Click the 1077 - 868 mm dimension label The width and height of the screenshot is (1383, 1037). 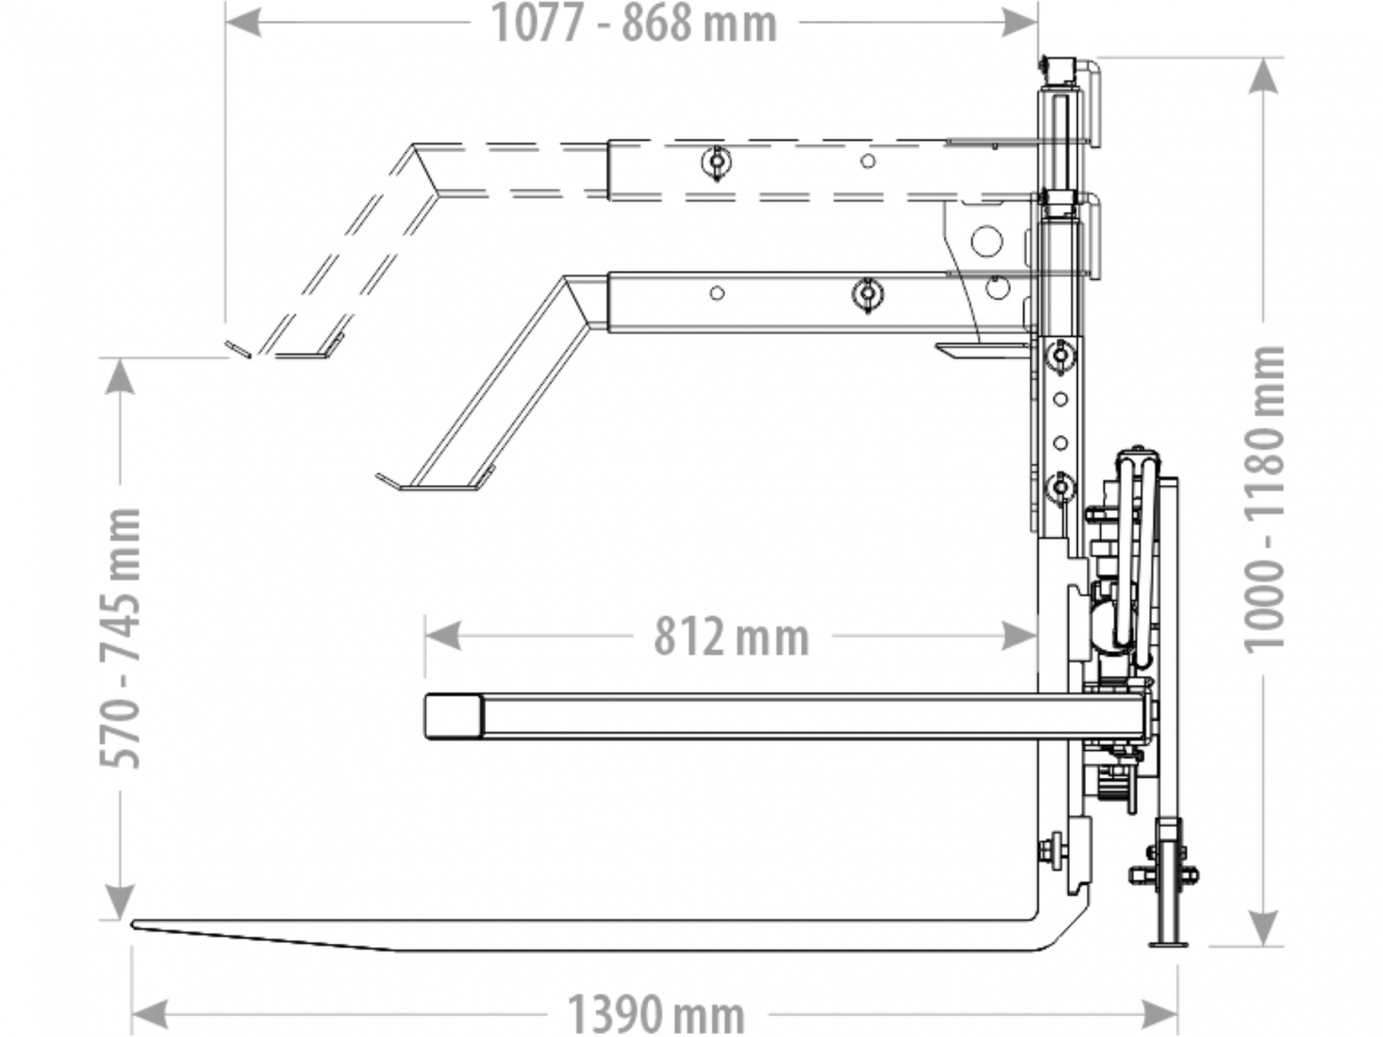[x=634, y=24]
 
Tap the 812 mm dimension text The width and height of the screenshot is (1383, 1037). [x=731, y=637]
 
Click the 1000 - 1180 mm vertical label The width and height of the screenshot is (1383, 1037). [x=1264, y=499]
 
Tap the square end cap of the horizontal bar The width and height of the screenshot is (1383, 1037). [x=452, y=716]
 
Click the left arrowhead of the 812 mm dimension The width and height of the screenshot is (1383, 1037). [x=443, y=636]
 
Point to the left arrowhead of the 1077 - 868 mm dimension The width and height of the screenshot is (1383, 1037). [x=244, y=22]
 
